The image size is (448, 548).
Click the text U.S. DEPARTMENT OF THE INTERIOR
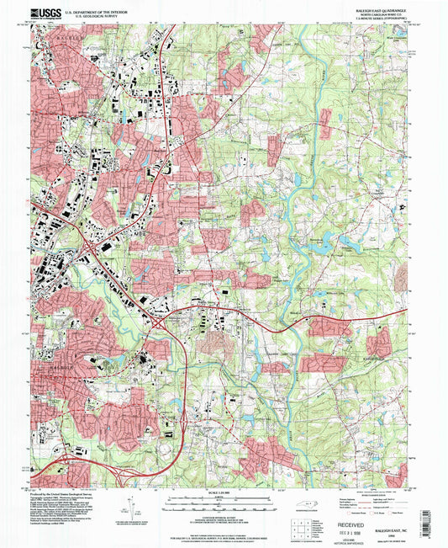click(97, 9)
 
